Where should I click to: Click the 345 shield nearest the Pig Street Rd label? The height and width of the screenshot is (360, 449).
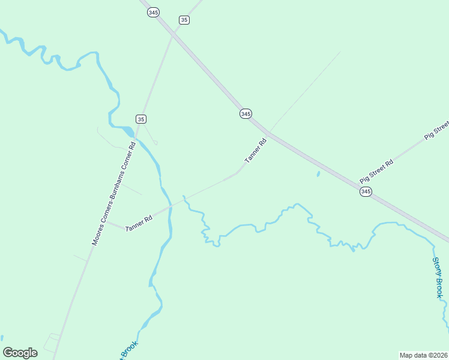click(366, 191)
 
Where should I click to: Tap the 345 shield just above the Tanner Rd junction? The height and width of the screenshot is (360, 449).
click(245, 113)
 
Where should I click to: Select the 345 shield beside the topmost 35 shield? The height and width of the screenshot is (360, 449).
click(154, 12)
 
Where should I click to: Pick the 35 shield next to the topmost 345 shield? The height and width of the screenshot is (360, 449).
click(184, 20)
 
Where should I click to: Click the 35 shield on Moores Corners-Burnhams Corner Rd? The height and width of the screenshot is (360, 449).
click(140, 119)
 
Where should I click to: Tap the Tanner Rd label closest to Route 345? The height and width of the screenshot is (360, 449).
click(255, 151)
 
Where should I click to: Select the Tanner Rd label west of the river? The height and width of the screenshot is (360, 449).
click(139, 223)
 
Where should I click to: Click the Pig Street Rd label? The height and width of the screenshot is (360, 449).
click(376, 171)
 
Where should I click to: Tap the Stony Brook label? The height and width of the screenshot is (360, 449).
click(438, 277)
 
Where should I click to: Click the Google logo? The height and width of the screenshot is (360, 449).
click(20, 352)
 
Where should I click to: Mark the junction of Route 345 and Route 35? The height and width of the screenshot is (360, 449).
click(173, 35)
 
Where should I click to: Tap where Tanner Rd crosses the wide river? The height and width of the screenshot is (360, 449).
click(171, 205)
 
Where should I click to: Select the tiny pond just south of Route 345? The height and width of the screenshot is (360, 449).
click(318, 174)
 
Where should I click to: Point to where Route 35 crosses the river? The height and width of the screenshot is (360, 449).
click(136, 139)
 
